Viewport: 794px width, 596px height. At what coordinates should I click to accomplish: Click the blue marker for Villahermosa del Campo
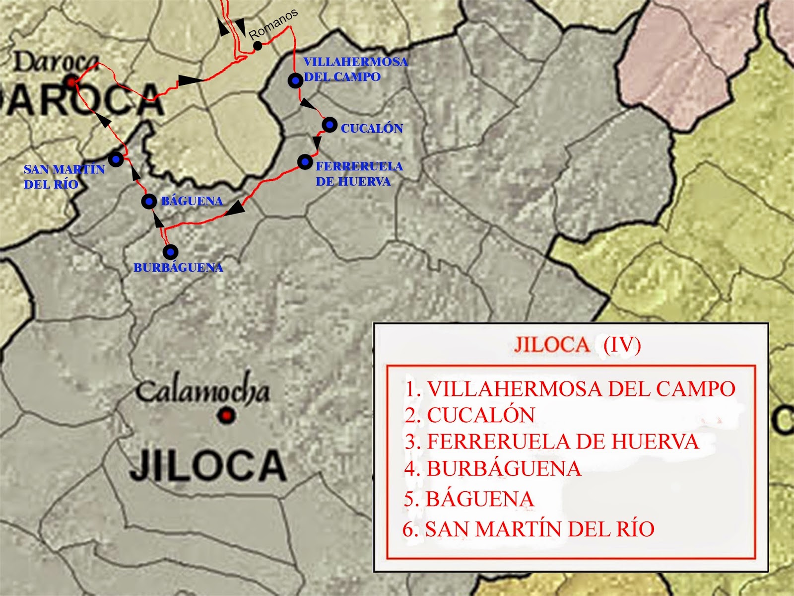(296, 80)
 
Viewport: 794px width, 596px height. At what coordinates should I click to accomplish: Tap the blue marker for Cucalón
(330, 125)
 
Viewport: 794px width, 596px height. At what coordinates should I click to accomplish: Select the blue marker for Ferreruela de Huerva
(305, 161)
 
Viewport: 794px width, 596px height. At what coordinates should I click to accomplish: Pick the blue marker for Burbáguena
(170, 252)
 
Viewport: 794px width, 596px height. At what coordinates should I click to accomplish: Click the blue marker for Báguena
(149, 201)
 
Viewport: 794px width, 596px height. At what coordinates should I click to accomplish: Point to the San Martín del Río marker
(116, 159)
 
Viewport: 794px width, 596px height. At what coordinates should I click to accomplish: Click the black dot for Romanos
(258, 46)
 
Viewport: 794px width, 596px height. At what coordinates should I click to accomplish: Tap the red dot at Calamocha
(227, 415)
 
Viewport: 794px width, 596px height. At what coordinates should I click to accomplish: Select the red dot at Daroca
(72, 81)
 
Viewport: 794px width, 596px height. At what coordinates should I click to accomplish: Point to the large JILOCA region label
(207, 465)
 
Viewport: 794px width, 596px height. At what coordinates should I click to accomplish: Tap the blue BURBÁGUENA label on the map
(178, 268)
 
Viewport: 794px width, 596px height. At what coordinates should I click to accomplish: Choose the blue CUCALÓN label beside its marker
(372, 128)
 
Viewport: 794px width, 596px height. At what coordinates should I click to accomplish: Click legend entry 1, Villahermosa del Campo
(570, 389)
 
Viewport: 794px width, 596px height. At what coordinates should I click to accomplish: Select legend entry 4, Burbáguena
(492, 469)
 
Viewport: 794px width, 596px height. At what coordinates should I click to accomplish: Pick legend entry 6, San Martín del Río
(529, 529)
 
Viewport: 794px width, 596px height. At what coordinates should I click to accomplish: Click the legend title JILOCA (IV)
(577, 345)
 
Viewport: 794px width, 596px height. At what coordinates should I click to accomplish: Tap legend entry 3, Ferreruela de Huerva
(551, 442)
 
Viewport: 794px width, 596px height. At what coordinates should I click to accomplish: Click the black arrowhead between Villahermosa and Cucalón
(308, 104)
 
